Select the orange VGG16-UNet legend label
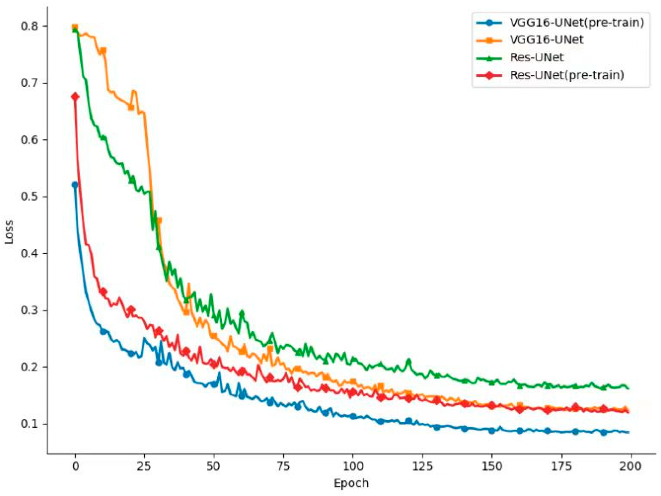546,40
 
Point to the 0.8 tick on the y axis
30,27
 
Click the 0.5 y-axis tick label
30,197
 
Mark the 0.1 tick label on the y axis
30,424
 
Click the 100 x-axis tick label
353,466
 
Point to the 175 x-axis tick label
561,466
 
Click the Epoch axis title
351,483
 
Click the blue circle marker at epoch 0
75,185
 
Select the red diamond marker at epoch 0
75,97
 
